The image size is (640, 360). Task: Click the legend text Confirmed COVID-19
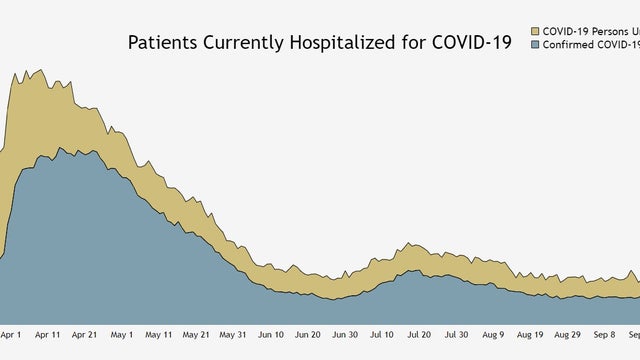click(x=590, y=45)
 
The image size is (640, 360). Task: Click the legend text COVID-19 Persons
click(x=590, y=31)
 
